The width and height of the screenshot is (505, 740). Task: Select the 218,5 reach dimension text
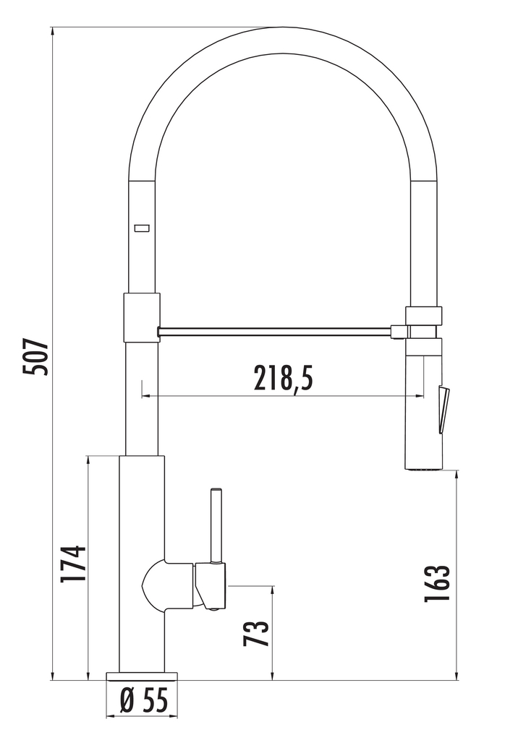point(283,377)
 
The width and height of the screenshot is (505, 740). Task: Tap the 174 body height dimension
point(75,564)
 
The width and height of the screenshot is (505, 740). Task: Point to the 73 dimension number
point(257,633)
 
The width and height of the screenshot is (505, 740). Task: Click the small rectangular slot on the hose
point(142,228)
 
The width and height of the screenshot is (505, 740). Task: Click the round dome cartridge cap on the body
point(153,584)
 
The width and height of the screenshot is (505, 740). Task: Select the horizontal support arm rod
point(275,331)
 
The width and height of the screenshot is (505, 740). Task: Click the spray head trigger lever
point(444,408)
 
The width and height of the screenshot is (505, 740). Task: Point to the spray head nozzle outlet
point(423,469)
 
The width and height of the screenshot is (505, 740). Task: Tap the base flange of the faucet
point(142,676)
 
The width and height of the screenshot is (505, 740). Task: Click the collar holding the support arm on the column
point(142,317)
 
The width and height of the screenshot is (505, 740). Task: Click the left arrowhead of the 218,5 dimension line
point(145,396)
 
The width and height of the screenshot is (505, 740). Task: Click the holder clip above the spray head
point(423,315)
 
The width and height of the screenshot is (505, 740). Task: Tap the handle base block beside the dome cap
point(211,585)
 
